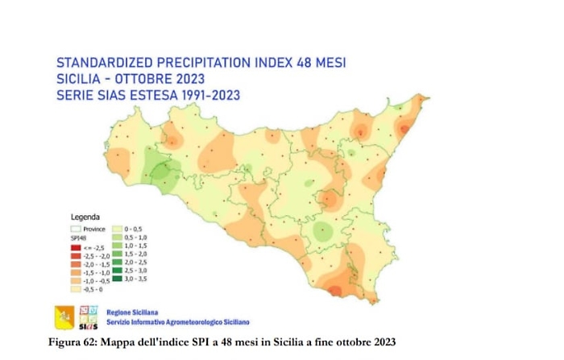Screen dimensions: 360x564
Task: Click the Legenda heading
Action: coord(85,217)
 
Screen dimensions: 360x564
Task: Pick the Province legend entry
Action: coord(94,229)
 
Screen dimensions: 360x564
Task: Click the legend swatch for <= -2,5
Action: coord(76,247)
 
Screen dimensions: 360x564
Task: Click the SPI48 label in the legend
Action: coord(78,238)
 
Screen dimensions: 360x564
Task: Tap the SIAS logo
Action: coord(89,318)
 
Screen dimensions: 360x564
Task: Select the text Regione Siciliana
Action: coord(132,312)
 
